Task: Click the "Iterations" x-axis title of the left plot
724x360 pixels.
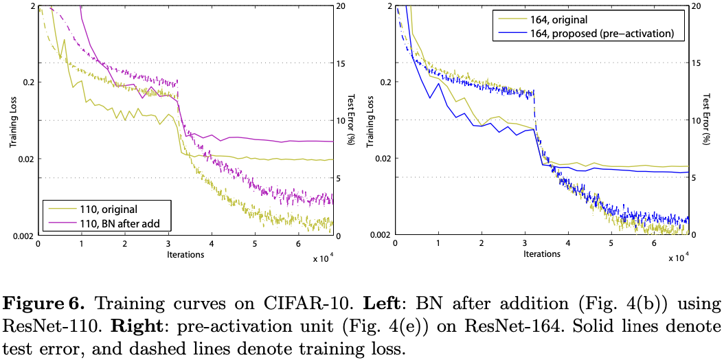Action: [185, 254]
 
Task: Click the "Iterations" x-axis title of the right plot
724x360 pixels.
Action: [542, 254]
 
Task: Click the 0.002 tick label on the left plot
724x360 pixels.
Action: [21, 236]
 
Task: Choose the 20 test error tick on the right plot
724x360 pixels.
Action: [696, 5]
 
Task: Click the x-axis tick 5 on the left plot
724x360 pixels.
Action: [255, 245]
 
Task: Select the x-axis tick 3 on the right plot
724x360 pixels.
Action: [525, 245]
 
